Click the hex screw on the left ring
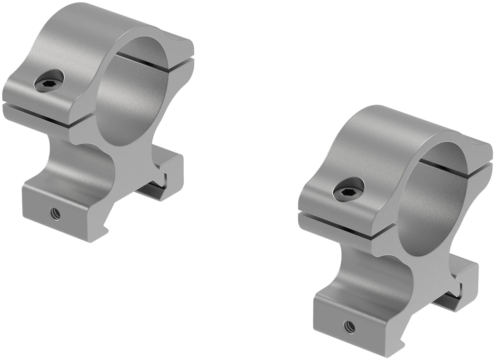pos(49,83)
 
